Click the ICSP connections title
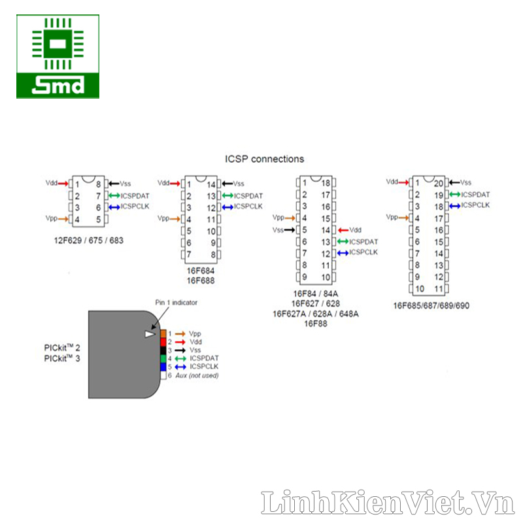(264, 159)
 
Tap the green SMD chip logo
(58, 56)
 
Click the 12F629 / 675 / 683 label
(89, 241)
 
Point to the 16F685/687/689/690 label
(431, 305)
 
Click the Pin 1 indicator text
(176, 303)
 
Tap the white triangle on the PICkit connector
(150, 334)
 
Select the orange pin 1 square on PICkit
(163, 334)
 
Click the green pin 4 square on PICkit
(163, 358)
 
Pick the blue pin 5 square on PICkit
(163, 367)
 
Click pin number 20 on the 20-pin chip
(439, 183)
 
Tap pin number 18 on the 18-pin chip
(326, 183)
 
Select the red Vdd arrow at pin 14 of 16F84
(342, 230)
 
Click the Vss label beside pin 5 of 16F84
(278, 230)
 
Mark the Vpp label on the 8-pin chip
(51, 218)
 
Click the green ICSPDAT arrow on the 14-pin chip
(227, 195)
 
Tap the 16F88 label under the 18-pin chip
(315, 324)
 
